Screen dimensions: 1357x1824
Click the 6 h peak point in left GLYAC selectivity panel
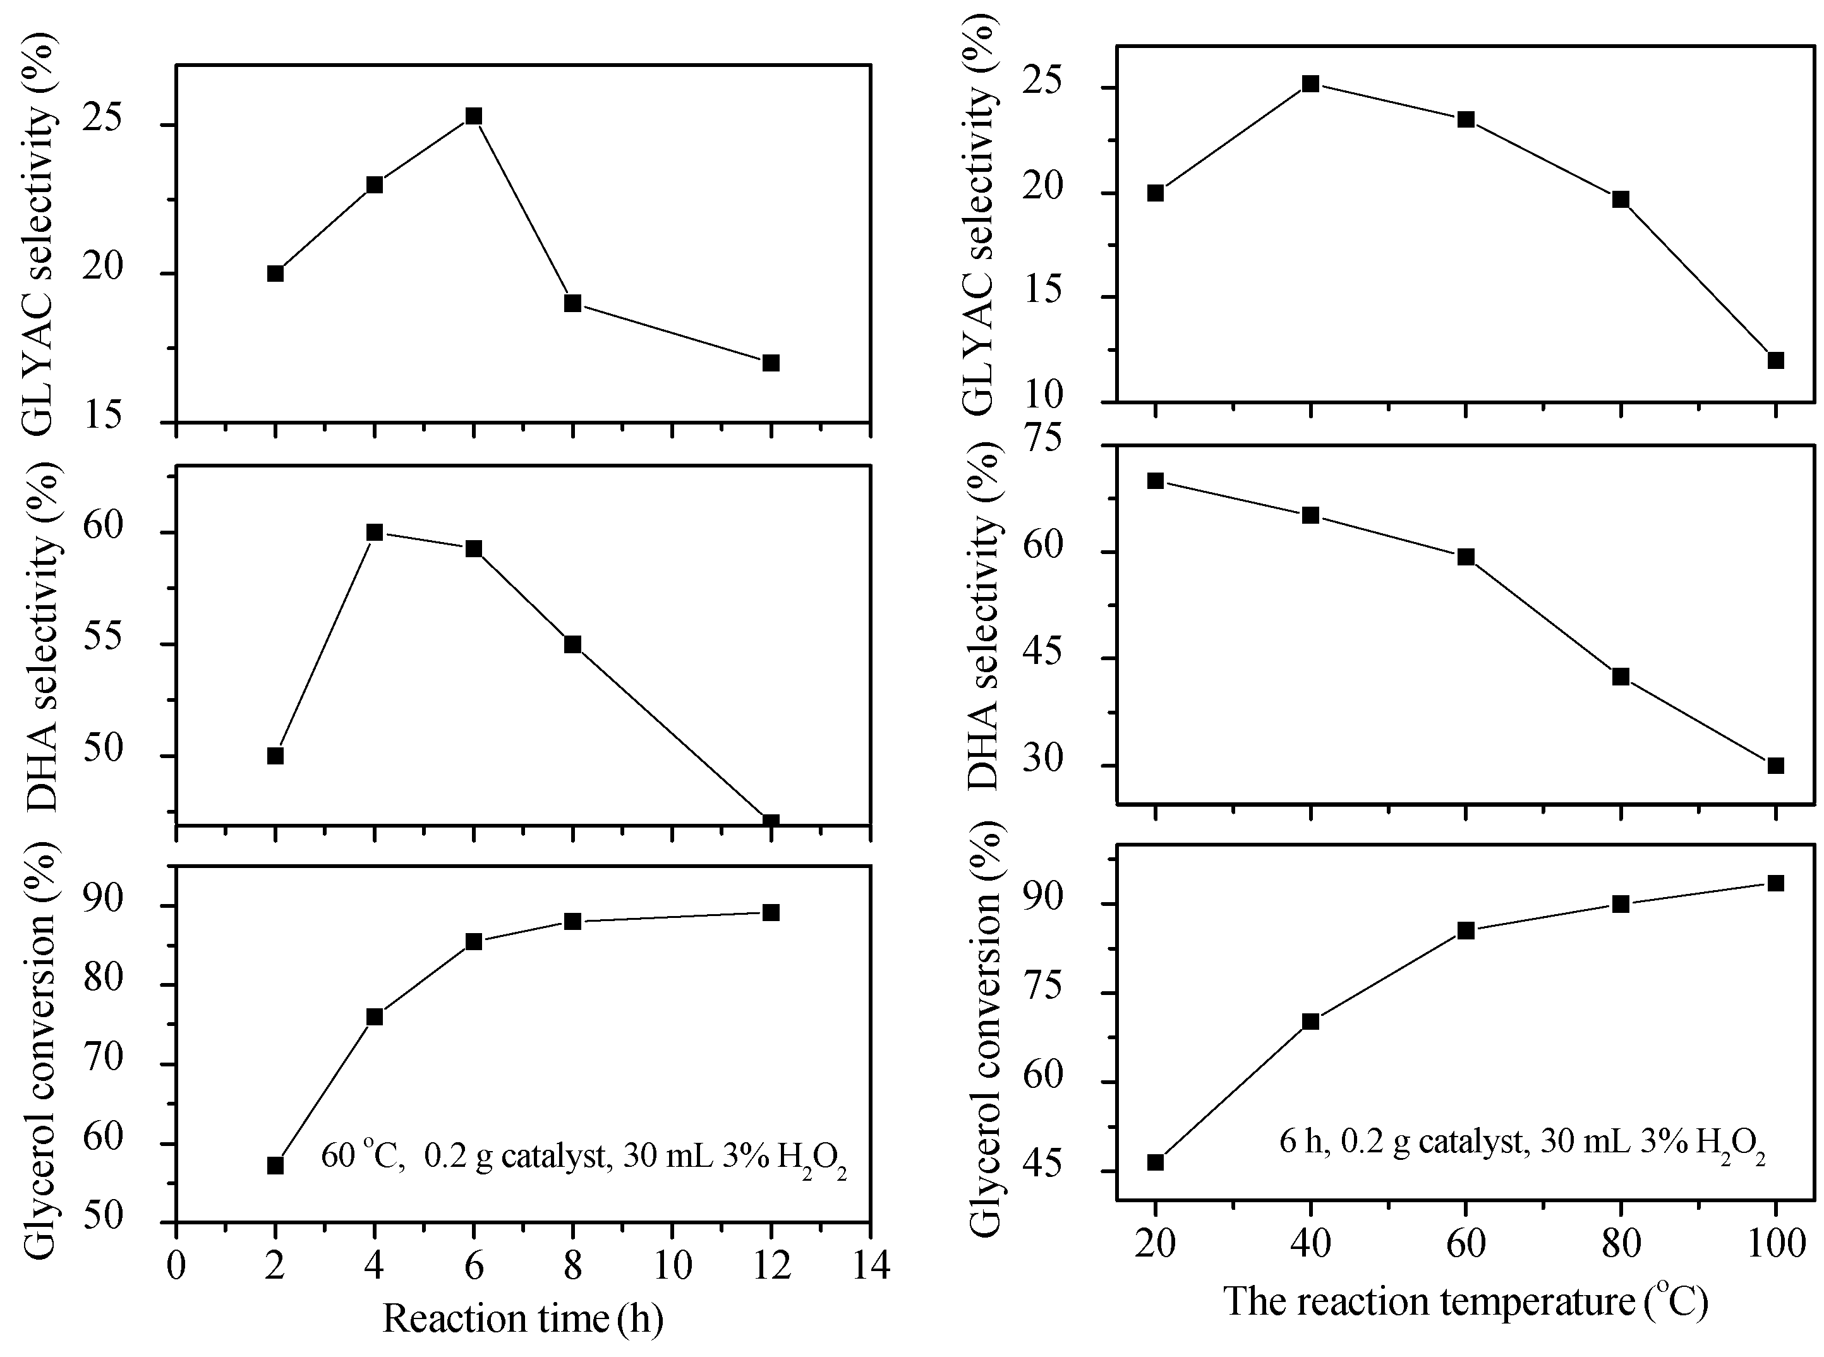click(x=473, y=116)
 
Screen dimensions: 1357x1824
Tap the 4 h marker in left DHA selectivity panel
click(x=375, y=533)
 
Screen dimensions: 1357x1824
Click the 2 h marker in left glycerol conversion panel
click(x=275, y=1166)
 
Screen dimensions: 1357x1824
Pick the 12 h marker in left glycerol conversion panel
click(x=770, y=913)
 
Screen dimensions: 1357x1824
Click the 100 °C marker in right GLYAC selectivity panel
click(x=1775, y=360)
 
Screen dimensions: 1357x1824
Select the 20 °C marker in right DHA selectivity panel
click(x=1156, y=481)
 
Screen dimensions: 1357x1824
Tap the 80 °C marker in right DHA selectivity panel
click(x=1621, y=677)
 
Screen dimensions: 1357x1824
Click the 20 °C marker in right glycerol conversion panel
click(x=1156, y=1162)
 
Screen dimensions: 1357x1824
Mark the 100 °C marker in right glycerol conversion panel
click(x=1775, y=883)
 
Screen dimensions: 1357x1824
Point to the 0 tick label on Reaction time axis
click(x=176, y=1266)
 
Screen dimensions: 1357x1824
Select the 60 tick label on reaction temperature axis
click(x=1466, y=1245)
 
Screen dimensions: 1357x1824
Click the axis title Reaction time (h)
click(x=523, y=1319)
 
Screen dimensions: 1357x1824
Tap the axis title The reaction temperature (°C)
click(x=1466, y=1302)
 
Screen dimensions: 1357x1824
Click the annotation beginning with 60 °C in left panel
click(x=583, y=1157)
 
